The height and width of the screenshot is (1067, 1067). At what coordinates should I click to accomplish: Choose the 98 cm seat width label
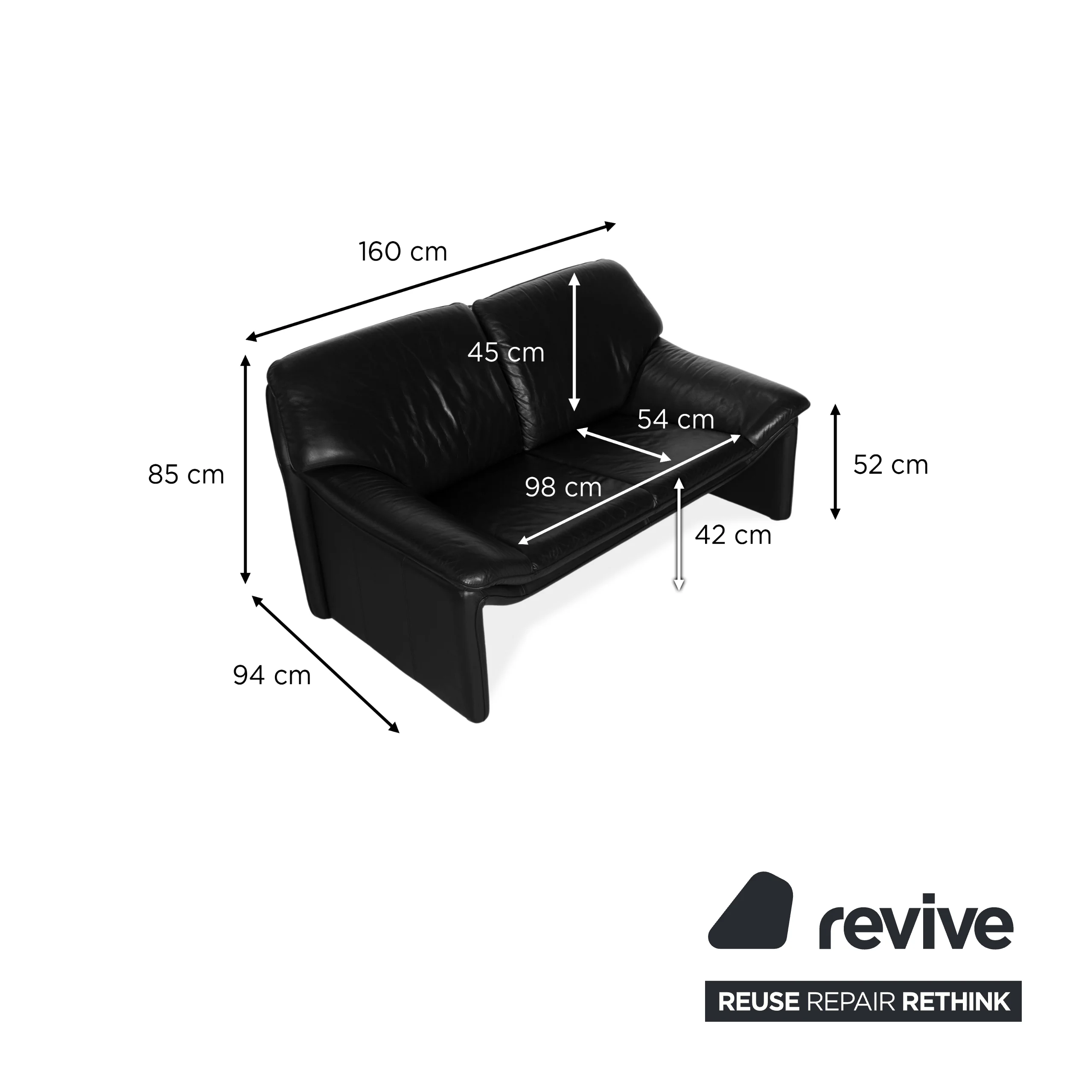[x=563, y=488]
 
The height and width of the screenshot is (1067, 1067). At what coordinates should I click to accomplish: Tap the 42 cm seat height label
[x=733, y=535]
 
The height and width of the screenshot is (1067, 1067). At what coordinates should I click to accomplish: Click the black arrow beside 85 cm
[x=246, y=469]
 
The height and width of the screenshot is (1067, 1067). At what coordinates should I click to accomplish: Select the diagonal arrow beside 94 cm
[x=325, y=665]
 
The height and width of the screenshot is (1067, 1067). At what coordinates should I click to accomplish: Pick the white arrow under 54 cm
[x=624, y=445]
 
